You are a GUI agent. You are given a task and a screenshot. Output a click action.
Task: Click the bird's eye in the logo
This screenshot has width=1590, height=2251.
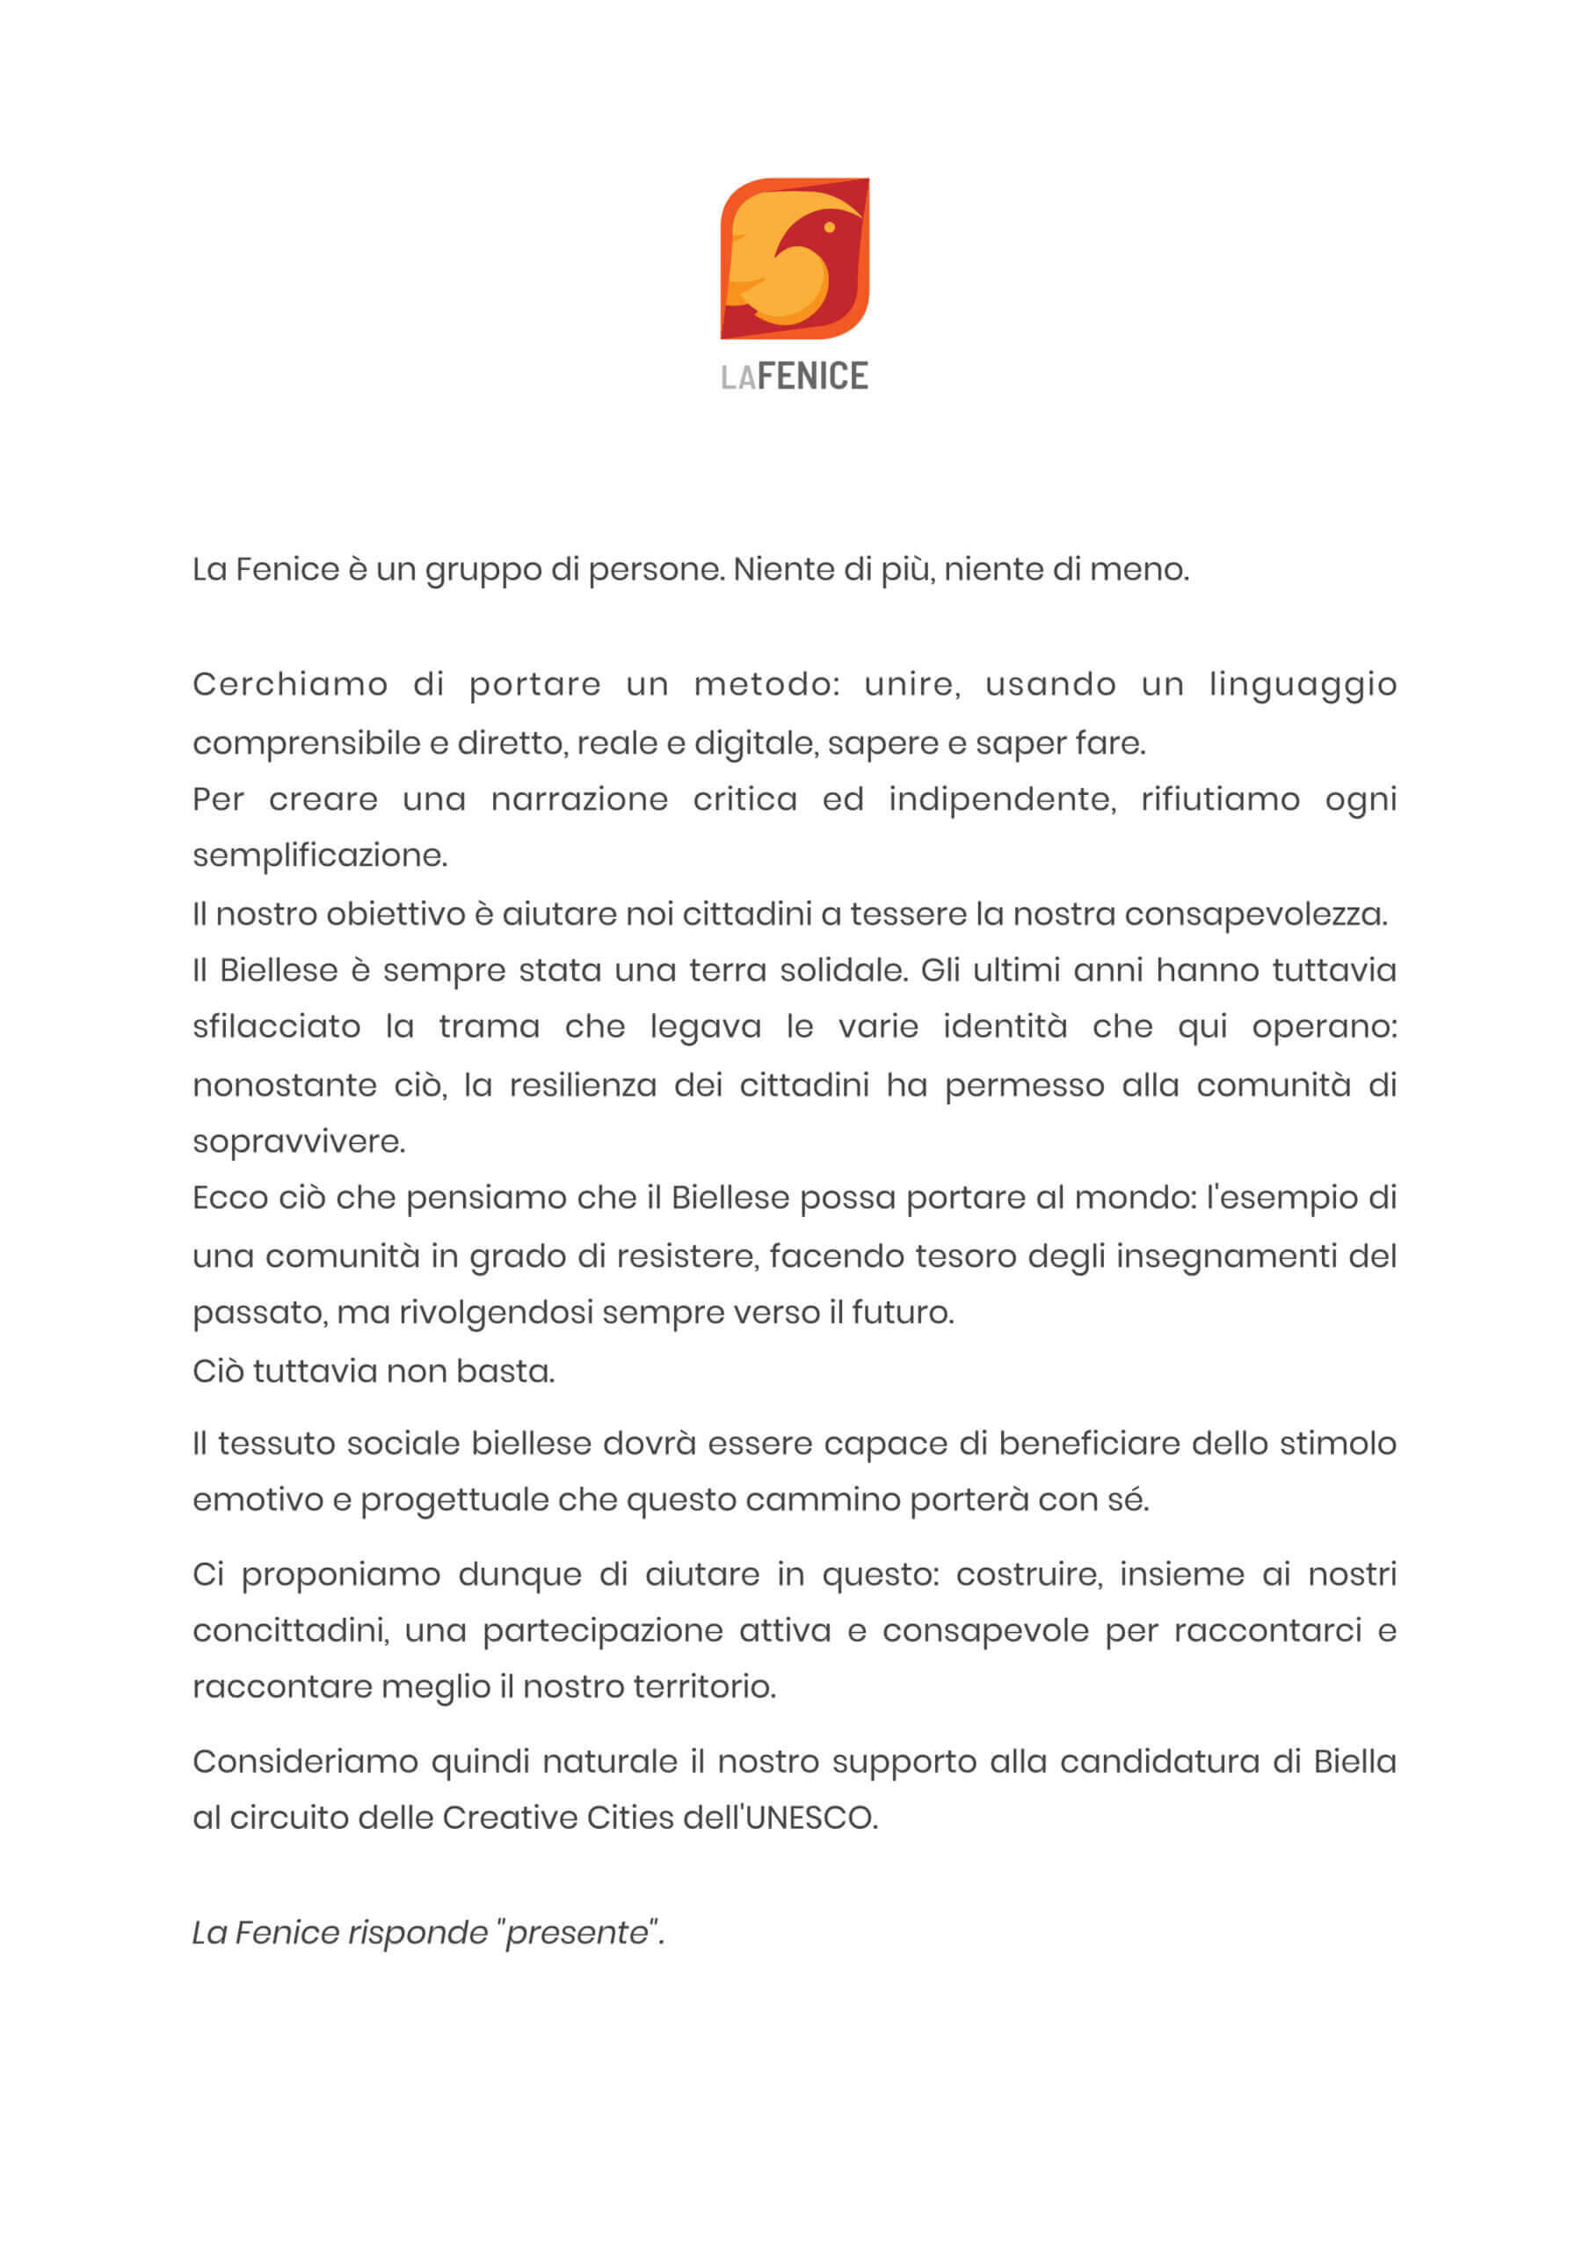(830, 228)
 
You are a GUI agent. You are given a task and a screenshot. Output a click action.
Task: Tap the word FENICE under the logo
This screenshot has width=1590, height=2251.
(813, 376)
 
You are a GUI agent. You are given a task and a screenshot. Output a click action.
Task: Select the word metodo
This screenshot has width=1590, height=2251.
(766, 684)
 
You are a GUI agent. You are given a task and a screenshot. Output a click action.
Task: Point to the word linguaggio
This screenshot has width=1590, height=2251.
(1302, 685)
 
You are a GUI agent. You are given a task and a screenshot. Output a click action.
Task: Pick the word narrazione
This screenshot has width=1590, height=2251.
(579, 799)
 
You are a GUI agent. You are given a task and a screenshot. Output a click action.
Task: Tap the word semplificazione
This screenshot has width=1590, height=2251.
(320, 856)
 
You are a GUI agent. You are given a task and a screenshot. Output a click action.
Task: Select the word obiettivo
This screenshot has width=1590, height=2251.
(396, 914)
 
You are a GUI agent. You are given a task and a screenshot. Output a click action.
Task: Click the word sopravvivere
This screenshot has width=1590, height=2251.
(298, 1142)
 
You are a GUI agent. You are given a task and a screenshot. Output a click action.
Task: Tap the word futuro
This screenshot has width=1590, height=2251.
(902, 1312)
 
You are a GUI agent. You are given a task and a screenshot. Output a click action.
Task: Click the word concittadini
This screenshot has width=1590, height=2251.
(290, 1630)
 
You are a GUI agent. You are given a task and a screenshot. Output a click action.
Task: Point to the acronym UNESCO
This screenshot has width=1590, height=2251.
(810, 1818)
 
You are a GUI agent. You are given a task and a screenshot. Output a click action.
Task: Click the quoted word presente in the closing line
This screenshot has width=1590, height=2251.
(577, 1933)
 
